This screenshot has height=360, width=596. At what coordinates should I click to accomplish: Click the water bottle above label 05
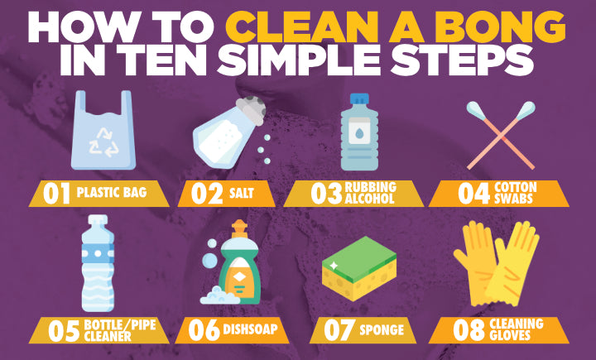pos(98,263)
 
